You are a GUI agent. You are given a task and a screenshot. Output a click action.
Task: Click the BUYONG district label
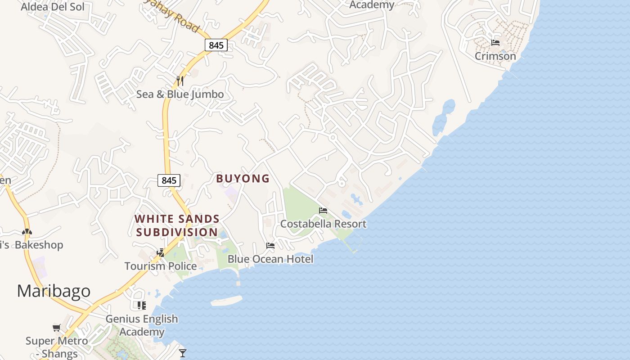click(x=243, y=179)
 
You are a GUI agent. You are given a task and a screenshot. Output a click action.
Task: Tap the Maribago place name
click(x=54, y=291)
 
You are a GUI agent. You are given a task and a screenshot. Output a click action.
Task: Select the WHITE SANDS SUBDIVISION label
click(x=177, y=225)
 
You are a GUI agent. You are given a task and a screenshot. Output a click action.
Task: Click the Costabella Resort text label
click(x=323, y=224)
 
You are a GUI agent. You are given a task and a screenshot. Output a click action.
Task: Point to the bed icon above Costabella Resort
click(x=323, y=211)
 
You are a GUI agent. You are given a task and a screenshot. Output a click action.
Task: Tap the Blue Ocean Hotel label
click(x=270, y=259)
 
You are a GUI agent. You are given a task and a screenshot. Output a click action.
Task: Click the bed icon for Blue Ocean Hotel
click(x=270, y=246)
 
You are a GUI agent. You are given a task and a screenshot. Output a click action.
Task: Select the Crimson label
click(x=495, y=56)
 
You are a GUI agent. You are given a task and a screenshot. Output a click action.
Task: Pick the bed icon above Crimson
click(x=495, y=43)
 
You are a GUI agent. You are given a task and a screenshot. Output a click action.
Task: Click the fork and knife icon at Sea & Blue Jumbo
click(x=180, y=81)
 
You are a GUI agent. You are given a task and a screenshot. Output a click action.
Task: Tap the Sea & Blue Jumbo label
click(x=180, y=94)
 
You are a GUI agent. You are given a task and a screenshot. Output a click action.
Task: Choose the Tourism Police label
click(x=161, y=266)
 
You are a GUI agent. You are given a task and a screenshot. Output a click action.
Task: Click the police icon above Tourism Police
click(x=161, y=253)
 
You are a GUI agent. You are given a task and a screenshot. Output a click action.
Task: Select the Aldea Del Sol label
click(x=53, y=7)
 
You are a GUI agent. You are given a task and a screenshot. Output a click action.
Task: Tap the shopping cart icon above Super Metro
click(x=56, y=328)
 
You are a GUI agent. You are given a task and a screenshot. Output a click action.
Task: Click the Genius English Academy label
click(x=142, y=325)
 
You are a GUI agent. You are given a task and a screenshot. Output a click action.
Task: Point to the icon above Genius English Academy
click(x=142, y=306)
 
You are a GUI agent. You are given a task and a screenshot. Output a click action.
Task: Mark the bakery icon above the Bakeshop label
click(x=27, y=232)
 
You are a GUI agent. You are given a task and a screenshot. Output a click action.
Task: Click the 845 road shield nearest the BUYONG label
click(x=169, y=180)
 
